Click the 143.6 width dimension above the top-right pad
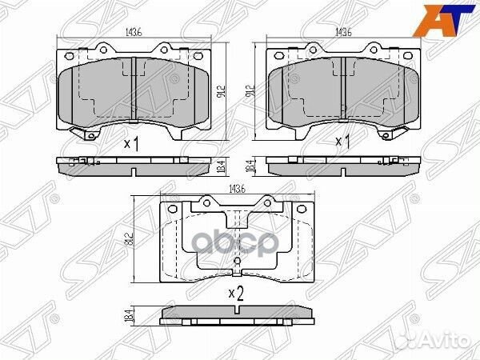point(344,32)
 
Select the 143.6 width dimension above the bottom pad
point(236,189)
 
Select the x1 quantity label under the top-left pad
point(132,144)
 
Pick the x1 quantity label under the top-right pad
point(343,142)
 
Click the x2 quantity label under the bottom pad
point(235,293)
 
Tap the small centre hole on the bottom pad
point(236,261)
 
